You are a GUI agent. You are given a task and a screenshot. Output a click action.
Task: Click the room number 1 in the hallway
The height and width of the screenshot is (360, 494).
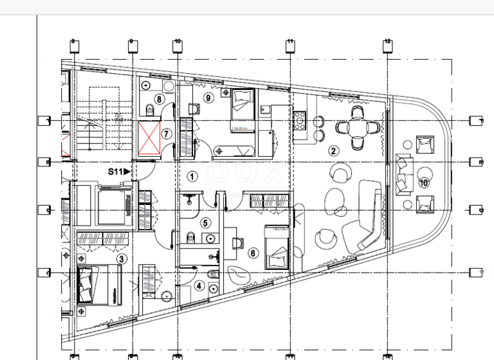tap(191, 175)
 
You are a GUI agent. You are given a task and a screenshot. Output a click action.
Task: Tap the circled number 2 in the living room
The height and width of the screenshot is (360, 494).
tap(333, 151)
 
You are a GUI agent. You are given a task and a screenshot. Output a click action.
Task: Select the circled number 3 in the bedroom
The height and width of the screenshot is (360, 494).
tap(120, 258)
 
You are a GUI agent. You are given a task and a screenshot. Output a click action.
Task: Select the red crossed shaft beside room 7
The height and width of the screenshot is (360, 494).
tap(149, 138)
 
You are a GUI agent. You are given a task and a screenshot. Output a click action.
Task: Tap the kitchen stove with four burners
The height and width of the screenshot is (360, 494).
tap(300, 120)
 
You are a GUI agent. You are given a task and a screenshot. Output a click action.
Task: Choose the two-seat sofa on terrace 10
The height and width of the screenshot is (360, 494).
tap(403, 174)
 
